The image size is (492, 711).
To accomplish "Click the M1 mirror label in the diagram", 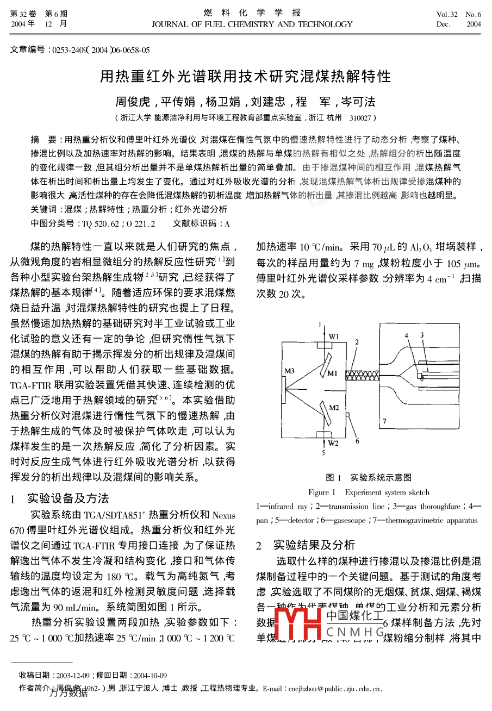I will click(x=332, y=373).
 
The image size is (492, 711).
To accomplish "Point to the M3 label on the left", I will click(x=290, y=371).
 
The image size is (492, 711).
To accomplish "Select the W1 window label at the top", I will click(x=333, y=336).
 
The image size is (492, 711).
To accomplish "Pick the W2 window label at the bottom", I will click(x=333, y=443).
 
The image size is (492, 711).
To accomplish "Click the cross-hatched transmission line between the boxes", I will click(x=363, y=374).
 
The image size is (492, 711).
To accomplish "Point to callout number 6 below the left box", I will click(x=357, y=441).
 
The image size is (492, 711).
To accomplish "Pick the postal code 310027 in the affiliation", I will click(x=360, y=117).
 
